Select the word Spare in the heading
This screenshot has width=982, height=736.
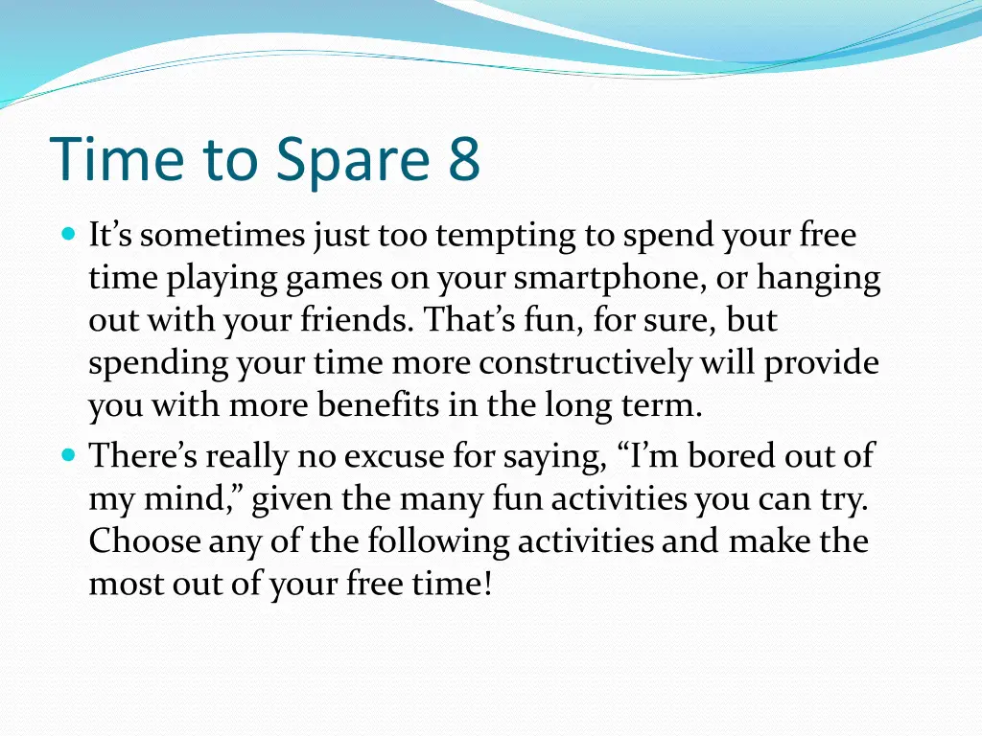(x=353, y=161)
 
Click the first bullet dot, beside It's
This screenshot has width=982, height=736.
(x=69, y=235)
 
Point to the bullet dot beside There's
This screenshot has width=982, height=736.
(x=69, y=454)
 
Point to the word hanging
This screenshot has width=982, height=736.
(x=819, y=279)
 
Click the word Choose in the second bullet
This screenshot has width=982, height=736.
(x=145, y=540)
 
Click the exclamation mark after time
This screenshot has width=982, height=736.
(x=488, y=583)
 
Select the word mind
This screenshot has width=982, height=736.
(x=193, y=498)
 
